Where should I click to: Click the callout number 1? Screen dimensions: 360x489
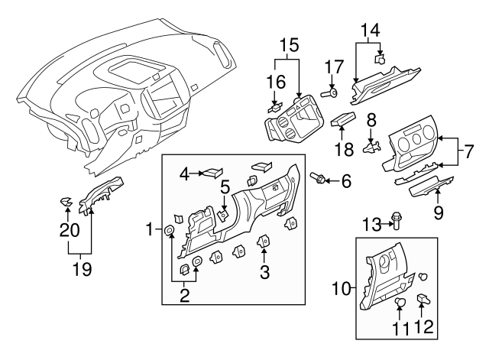tap(151, 229)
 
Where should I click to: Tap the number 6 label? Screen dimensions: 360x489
tap(346, 181)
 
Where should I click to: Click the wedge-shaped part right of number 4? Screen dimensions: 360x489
tap(212, 174)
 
